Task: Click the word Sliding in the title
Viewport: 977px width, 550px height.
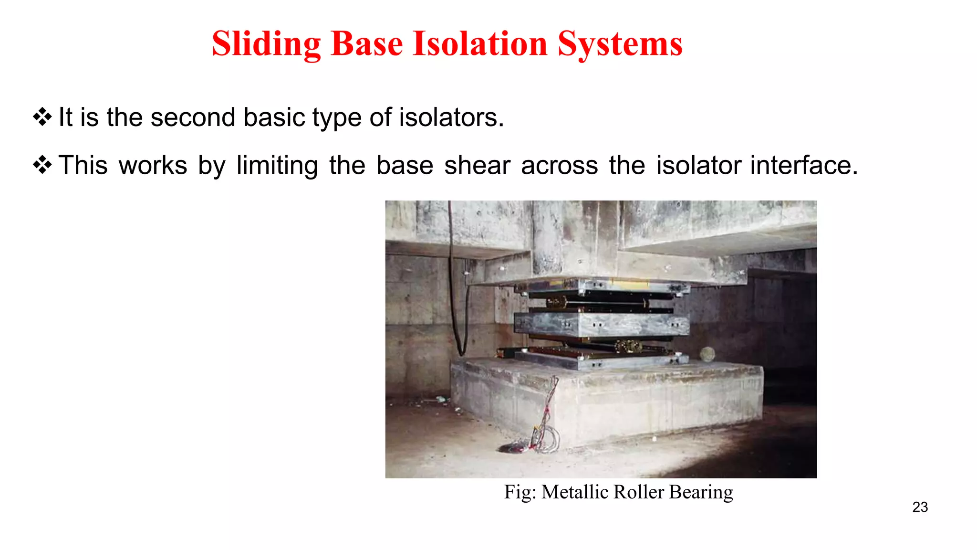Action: click(266, 44)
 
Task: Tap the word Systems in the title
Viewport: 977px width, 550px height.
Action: click(620, 44)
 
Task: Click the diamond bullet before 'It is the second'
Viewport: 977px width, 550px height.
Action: click(42, 117)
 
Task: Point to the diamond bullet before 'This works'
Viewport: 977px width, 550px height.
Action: click(42, 165)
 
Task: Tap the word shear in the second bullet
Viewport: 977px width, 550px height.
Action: click(477, 166)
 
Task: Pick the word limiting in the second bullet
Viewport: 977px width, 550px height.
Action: click(277, 166)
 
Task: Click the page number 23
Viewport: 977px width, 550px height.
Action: click(920, 507)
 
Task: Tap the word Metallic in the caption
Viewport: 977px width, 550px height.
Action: click(574, 492)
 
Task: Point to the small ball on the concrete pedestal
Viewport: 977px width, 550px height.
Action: click(707, 354)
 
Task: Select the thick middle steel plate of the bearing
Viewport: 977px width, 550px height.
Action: click(601, 325)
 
